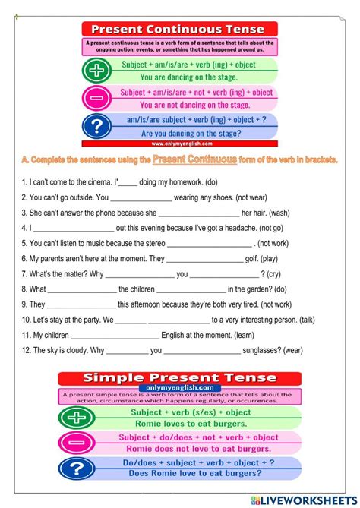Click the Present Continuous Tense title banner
(180, 28)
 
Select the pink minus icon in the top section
(98, 97)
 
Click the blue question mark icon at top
(98, 125)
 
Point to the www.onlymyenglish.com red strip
(180, 143)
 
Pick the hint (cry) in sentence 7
(279, 273)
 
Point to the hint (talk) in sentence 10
(307, 320)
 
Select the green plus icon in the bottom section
(76, 418)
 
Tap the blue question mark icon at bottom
(76, 469)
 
